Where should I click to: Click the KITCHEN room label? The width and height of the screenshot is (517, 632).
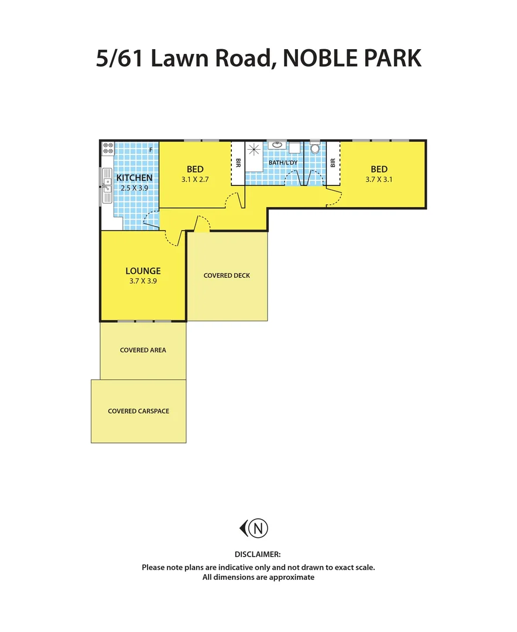tap(134, 178)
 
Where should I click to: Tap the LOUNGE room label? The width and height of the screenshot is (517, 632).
tap(143, 271)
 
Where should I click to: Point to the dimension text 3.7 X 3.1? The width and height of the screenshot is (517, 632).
tap(379, 180)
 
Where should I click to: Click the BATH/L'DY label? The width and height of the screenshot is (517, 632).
tap(283, 163)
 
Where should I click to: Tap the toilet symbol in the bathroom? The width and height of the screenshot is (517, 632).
tap(315, 147)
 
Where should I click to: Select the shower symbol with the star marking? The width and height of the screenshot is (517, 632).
tap(255, 149)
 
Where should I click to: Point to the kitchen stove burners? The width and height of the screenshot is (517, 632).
tap(108, 148)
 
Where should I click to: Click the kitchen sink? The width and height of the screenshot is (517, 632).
tap(107, 186)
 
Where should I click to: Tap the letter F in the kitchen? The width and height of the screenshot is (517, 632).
tap(151, 150)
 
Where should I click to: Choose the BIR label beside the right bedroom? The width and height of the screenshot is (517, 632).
tap(333, 163)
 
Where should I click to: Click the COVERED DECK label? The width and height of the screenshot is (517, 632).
tap(227, 275)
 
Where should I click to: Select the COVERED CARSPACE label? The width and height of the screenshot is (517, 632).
tap(138, 411)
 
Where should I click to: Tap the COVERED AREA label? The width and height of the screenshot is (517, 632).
tap(143, 350)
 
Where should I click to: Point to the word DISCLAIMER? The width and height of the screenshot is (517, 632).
tap(258, 554)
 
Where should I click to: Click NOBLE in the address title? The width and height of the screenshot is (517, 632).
tap(320, 59)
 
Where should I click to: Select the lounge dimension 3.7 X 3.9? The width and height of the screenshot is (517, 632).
tap(143, 281)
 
